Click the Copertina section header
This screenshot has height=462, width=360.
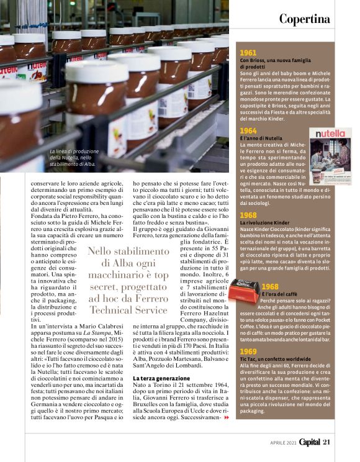[304, 19]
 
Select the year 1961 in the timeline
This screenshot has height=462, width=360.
[248, 53]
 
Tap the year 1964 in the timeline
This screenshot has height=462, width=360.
[248, 131]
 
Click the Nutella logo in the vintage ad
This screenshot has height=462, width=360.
[330, 134]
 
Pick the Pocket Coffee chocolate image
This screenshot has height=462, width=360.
[245, 290]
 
